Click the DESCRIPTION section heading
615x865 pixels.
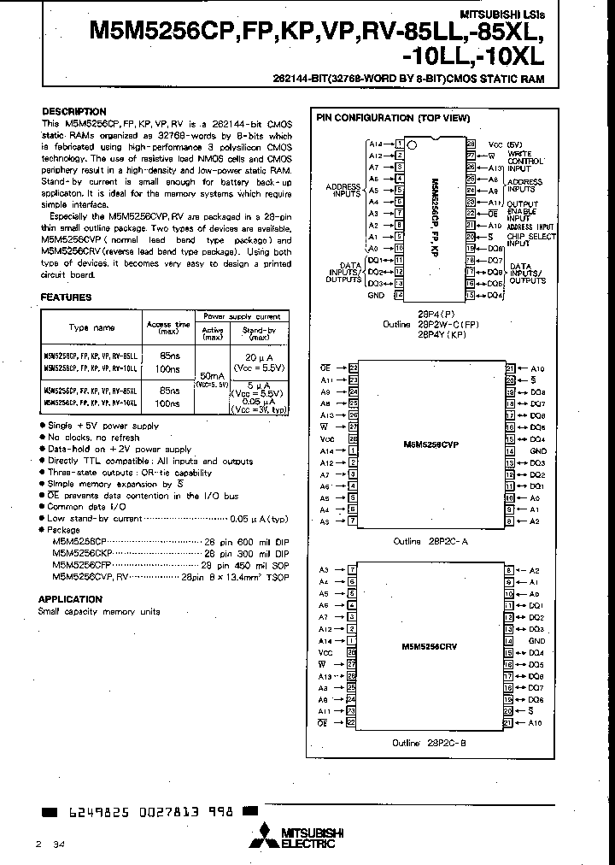[73, 112]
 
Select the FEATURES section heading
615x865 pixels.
[66, 297]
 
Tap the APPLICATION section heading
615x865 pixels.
[71, 599]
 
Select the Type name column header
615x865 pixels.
[92, 327]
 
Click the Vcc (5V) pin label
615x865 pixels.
[504, 144]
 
